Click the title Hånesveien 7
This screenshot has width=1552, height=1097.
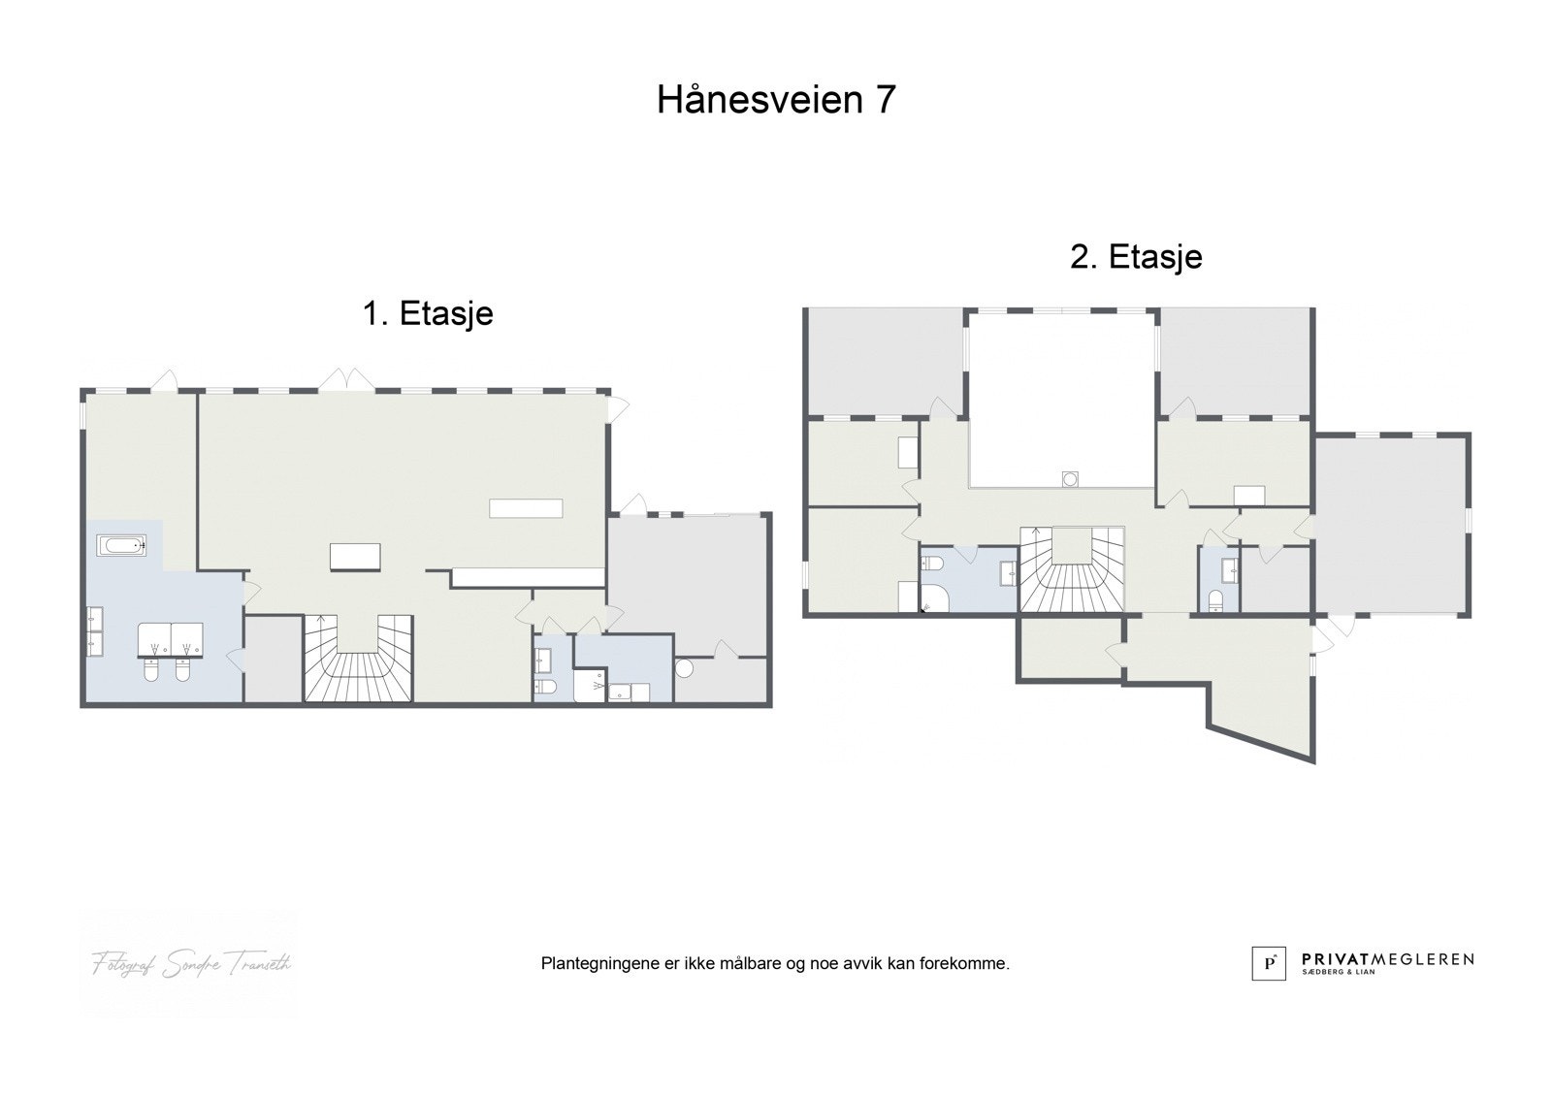pyautogui.click(x=776, y=100)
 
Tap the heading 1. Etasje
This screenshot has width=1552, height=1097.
pyautogui.click(x=428, y=313)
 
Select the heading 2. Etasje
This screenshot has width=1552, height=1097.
pyautogui.click(x=1136, y=256)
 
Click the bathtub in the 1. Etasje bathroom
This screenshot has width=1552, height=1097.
pyautogui.click(x=122, y=546)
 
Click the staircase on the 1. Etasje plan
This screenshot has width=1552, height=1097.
pyautogui.click(x=359, y=660)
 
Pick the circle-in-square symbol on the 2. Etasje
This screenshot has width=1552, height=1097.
pyautogui.click(x=1070, y=477)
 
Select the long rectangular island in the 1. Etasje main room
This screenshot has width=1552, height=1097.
pyautogui.click(x=526, y=508)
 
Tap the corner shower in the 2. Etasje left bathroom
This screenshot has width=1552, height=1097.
pyautogui.click(x=933, y=599)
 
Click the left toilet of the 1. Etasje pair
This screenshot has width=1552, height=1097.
pyautogui.click(x=152, y=670)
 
